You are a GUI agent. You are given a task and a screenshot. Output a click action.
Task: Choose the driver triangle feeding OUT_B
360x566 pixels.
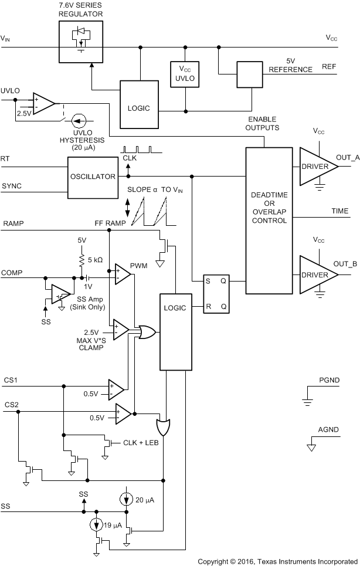[317, 275]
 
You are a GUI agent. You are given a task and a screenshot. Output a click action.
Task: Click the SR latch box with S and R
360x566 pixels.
[216, 294]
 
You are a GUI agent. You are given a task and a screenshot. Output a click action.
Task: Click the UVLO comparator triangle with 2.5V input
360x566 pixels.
[43, 103]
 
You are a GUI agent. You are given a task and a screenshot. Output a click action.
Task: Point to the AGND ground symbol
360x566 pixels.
[311, 448]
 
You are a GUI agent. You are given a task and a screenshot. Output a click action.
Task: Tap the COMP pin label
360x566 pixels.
[12, 273]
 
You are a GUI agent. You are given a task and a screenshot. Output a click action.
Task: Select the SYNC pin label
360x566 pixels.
[12, 186]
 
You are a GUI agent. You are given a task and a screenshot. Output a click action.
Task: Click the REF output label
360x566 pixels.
[329, 67]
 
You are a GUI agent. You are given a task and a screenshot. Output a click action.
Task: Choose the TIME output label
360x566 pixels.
[341, 211]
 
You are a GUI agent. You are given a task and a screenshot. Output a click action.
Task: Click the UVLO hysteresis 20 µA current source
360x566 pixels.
[76, 121]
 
